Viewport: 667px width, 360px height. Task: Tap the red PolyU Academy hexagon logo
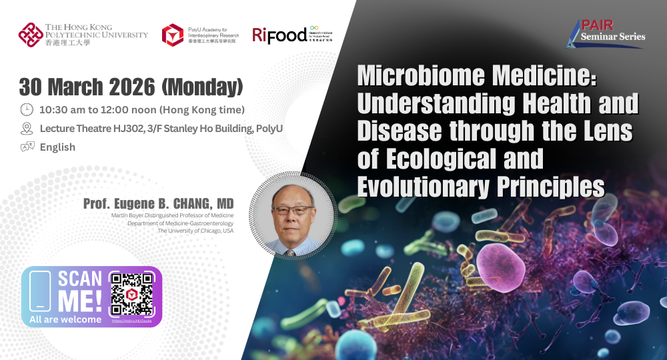[x=173, y=35]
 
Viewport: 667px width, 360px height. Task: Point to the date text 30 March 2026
[x=87, y=87]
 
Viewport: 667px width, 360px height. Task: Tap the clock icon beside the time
[x=27, y=109]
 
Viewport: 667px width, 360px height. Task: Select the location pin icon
[x=27, y=128]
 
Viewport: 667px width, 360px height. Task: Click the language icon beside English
[x=27, y=147]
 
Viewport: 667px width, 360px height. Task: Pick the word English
[x=57, y=147]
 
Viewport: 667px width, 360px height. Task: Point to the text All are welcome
[x=65, y=319]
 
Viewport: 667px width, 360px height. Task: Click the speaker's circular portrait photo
[x=291, y=215]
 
